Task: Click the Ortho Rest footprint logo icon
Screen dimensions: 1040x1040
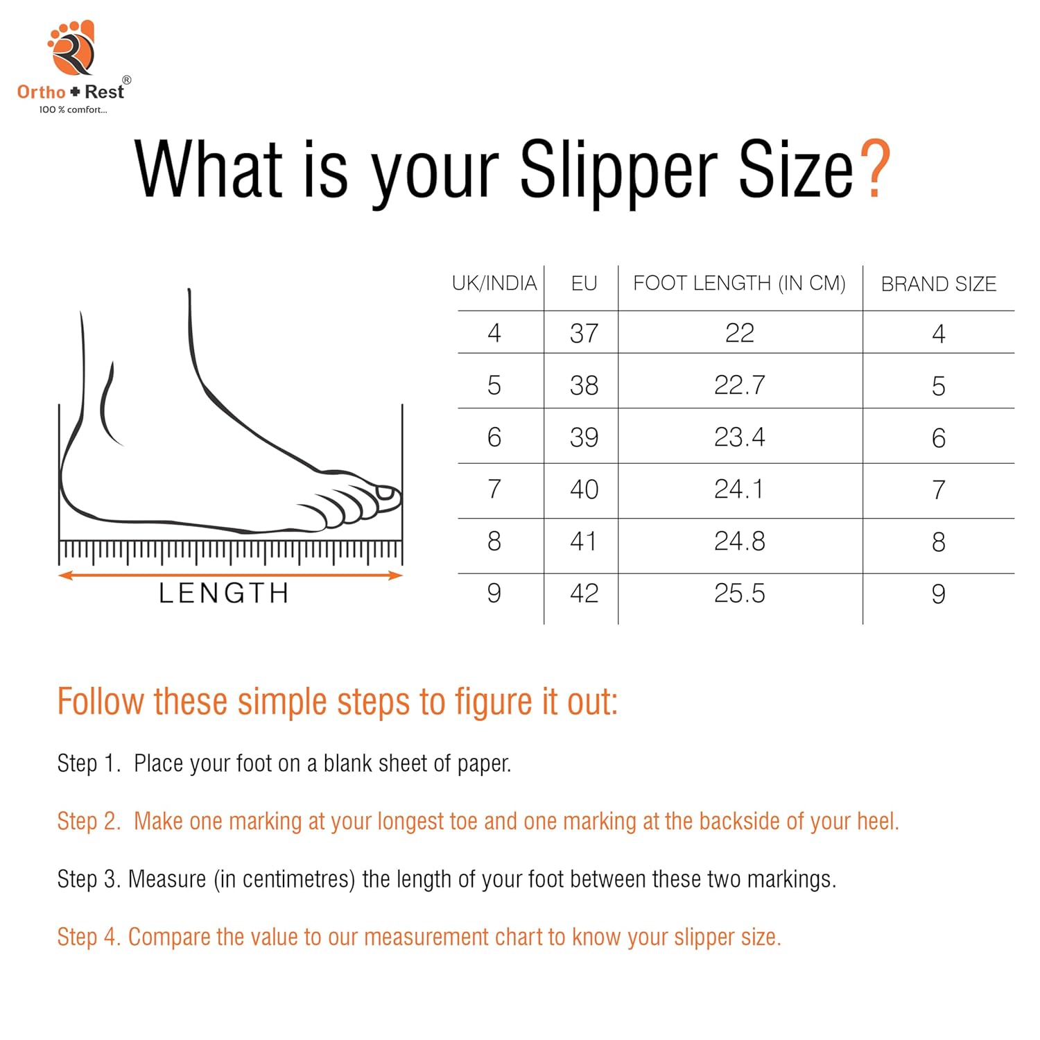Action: pos(71,48)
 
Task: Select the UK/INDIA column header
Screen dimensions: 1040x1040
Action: pos(494,283)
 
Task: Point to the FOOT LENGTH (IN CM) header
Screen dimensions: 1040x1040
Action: pos(739,283)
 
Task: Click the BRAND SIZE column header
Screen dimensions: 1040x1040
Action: pos(938,284)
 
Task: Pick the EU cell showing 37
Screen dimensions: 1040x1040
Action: pos(584,333)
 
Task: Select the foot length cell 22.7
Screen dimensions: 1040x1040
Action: pos(739,385)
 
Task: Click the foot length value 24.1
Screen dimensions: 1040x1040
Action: pos(738,489)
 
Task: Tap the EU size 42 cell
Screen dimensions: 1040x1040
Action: pos(584,593)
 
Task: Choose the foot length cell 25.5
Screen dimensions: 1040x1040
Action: pos(739,593)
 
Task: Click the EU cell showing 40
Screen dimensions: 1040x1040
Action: pos(584,489)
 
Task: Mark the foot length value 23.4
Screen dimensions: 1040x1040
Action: pos(739,437)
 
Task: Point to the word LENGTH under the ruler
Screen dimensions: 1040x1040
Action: pos(223,593)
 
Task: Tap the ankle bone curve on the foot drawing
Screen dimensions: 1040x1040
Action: pos(110,406)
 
